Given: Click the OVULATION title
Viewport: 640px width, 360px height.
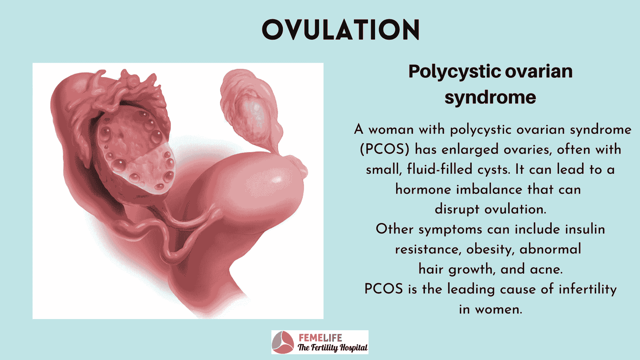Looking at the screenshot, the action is pyautogui.click(x=341, y=29).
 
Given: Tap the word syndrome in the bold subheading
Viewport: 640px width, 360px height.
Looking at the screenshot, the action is pyautogui.click(x=490, y=97).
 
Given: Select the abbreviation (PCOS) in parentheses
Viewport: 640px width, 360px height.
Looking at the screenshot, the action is pyautogui.click(x=385, y=149).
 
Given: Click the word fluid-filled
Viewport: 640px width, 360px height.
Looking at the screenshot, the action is pyautogui.click(x=440, y=169).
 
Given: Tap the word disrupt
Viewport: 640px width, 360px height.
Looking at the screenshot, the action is pyautogui.click(x=457, y=210).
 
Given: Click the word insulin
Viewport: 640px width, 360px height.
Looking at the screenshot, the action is pyautogui.click(x=585, y=229).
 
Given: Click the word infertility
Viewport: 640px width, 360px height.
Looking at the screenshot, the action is pyautogui.click(x=588, y=289).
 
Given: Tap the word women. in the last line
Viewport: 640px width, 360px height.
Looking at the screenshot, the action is pyautogui.click(x=499, y=309).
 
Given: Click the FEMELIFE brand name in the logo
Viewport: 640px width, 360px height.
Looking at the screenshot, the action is pyautogui.click(x=320, y=338).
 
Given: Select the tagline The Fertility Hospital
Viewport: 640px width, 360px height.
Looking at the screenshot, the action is pyautogui.click(x=332, y=348).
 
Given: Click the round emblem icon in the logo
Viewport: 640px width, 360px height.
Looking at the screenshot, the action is pyautogui.click(x=283, y=342).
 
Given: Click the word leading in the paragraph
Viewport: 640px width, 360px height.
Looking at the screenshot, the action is pyautogui.click(x=471, y=289).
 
